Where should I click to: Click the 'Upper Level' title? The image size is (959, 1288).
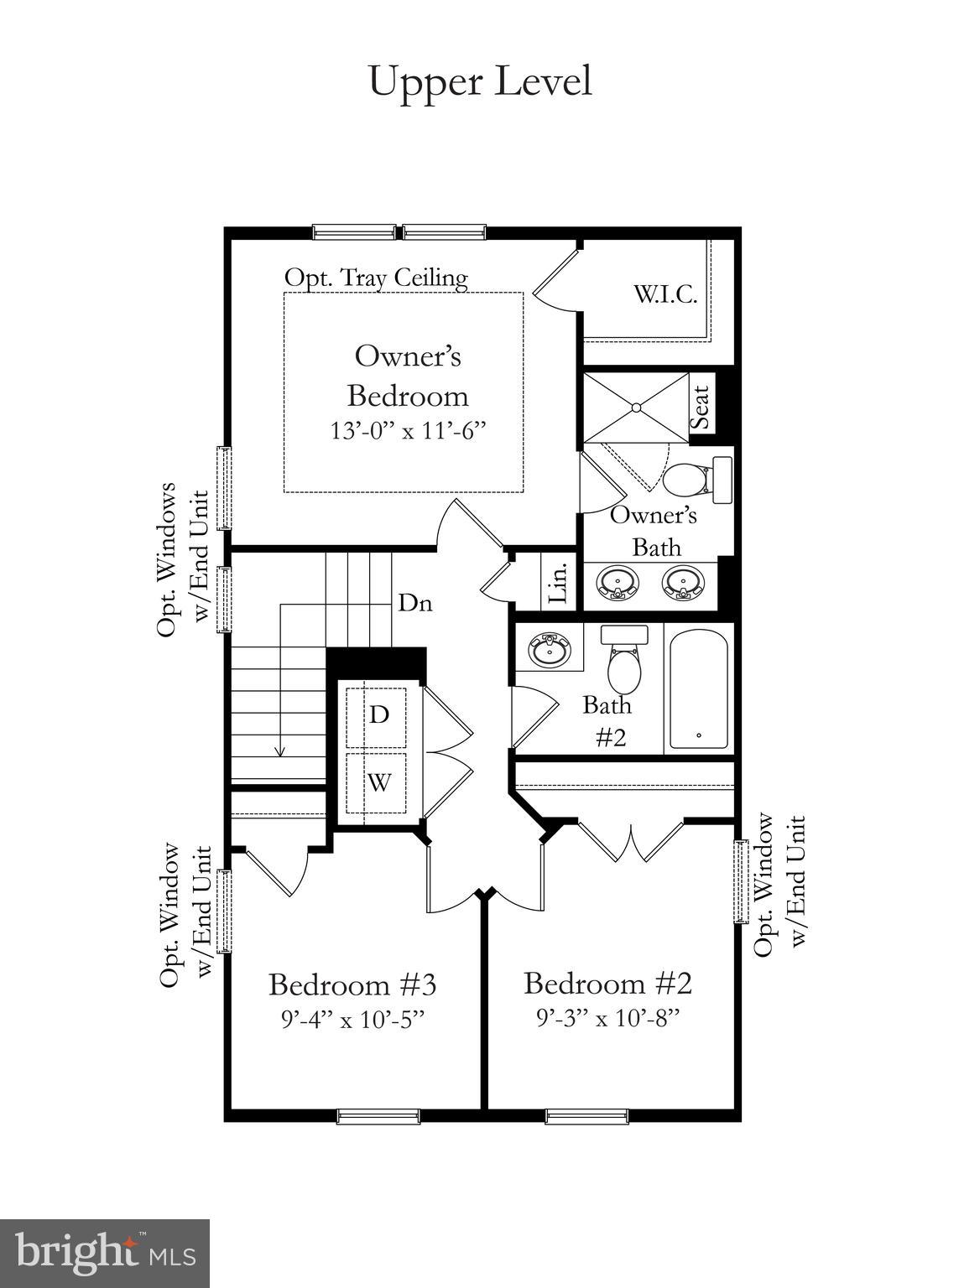click(480, 82)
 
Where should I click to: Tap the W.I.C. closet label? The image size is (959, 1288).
click(665, 295)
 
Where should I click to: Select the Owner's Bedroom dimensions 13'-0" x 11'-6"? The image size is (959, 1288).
click(408, 431)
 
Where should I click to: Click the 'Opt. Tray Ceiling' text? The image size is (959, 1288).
click(376, 278)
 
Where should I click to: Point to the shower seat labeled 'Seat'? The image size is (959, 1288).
click(701, 407)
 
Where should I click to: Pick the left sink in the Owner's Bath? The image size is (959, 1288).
click(618, 582)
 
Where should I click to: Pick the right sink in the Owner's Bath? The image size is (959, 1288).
click(683, 582)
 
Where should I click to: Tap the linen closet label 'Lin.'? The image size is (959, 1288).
click(559, 581)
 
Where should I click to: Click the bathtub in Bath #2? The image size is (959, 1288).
click(698, 688)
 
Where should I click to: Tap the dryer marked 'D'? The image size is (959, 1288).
click(379, 714)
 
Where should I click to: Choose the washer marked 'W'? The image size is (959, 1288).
click(379, 783)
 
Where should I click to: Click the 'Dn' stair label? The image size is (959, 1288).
click(415, 602)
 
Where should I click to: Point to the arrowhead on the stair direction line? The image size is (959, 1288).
click(280, 751)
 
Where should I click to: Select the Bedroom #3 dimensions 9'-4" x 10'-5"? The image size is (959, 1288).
click(352, 1020)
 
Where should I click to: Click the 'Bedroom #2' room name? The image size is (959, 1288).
click(607, 983)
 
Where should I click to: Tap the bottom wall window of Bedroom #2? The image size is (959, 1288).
click(586, 1116)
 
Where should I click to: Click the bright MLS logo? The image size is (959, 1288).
click(105, 1252)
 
